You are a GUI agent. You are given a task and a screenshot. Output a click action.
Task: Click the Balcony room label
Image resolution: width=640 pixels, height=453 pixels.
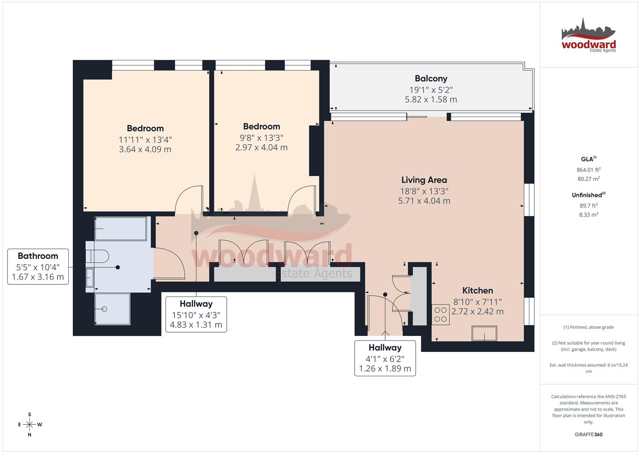coord(431,78)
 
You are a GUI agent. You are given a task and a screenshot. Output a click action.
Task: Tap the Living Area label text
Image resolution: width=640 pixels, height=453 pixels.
coord(424,180)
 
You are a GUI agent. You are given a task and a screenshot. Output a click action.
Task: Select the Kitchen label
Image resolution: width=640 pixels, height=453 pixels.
coord(477,290)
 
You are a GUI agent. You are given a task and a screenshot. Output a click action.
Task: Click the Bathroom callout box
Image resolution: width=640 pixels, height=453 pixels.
coord(38,266)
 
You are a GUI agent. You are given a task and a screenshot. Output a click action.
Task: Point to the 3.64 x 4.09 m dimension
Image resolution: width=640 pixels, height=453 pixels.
coord(145,149)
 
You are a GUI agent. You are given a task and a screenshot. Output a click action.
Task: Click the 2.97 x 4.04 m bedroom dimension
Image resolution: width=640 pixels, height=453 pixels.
coord(262,147)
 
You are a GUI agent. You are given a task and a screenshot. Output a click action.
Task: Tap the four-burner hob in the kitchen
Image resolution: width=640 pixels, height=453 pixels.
coord(440,315)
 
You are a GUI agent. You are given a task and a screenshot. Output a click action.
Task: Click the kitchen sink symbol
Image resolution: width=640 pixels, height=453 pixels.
coord(484,334)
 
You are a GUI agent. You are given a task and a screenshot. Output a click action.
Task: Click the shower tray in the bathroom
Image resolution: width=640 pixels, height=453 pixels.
coord(112,309)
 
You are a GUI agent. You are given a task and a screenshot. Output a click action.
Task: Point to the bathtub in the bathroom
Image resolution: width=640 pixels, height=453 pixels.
coord(120,229)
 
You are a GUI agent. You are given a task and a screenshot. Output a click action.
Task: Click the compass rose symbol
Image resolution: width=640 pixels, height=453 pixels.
coord(29,424)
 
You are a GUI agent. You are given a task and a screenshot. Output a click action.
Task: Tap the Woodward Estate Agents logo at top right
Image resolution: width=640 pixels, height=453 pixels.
coord(588,36)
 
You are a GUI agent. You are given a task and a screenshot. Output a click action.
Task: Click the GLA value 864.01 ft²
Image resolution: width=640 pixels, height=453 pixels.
coord(588,170)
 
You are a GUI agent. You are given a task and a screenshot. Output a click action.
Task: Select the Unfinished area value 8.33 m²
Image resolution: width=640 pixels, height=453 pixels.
coord(588,214)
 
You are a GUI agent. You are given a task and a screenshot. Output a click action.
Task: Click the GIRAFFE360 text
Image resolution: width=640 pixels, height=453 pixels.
coord(588,435)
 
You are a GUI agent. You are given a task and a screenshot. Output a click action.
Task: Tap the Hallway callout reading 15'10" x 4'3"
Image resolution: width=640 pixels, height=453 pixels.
coord(196,314)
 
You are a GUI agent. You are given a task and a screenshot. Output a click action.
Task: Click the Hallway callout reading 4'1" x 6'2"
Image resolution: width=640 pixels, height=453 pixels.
coord(385,358)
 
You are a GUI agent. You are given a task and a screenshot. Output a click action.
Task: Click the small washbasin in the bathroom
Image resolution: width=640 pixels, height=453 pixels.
coord(90,277)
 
